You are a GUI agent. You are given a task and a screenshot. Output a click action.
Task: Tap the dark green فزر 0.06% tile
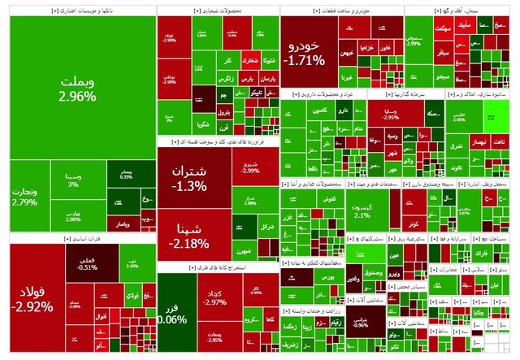coord(172,313)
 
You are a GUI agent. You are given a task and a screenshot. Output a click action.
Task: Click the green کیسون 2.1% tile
coord(362,210)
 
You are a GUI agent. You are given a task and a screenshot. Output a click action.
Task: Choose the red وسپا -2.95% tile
coord(388,114)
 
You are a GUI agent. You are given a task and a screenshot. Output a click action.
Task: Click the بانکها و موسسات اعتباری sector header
coord(77,11)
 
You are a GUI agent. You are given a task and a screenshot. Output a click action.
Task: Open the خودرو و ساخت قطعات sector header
coord(340,11)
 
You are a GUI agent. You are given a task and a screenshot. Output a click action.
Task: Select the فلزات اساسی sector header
coord(77,240)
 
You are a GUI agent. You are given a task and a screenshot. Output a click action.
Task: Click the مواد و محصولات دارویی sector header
coord(322,94)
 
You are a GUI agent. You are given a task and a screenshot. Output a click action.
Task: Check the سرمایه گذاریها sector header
coord(404,94)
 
